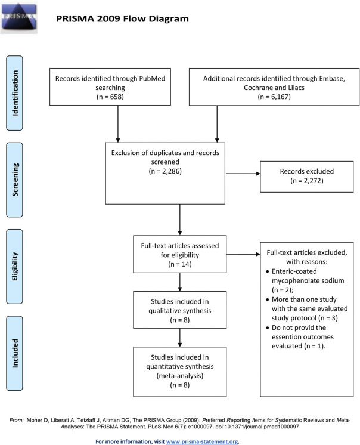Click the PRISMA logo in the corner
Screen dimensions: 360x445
[18, 17]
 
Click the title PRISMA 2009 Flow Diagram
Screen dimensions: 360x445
[122, 18]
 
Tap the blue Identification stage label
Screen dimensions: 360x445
[14, 93]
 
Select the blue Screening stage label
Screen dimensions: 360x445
[14, 180]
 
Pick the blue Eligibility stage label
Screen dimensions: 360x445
[14, 267]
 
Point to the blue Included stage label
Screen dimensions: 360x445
[14, 353]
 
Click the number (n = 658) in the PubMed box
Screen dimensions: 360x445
[110, 97]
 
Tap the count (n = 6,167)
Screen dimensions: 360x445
[274, 97]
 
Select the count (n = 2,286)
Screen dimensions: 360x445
[165, 171]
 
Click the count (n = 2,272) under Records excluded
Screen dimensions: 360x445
[307, 181]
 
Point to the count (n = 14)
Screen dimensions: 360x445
[180, 264]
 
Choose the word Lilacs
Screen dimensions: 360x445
[296, 88]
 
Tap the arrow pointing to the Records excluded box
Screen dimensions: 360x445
[243, 174]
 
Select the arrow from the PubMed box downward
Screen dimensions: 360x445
[118, 124]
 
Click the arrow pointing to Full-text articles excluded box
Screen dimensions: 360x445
[243, 254]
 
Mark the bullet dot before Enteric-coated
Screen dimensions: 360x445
[267, 271]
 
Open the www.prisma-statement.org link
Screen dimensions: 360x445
[202, 441]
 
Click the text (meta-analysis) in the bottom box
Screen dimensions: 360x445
[180, 376]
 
